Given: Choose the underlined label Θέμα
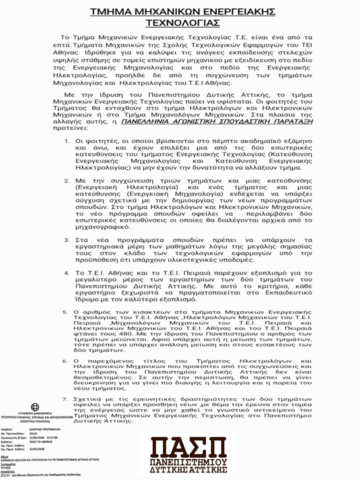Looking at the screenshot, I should tap(4, 456).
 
